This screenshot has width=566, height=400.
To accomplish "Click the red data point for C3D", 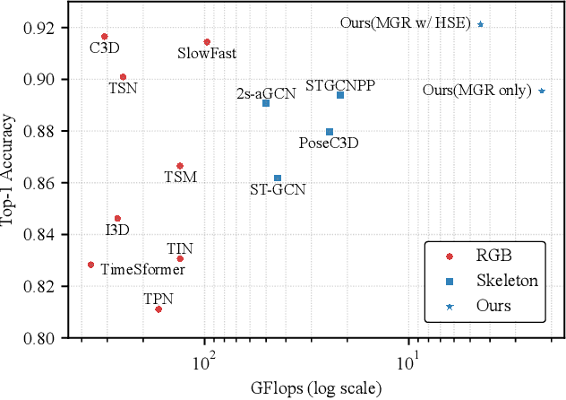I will pyautogui.click(x=104, y=37).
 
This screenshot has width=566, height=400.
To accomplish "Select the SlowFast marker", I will pyautogui.click(x=207, y=42).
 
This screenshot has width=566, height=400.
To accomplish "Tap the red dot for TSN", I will pyautogui.click(x=123, y=77).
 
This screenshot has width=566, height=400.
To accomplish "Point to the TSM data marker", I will pyautogui.click(x=180, y=166).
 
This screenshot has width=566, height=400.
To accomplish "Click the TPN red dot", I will pyautogui.click(x=159, y=309).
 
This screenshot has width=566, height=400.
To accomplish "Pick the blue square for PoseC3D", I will pyautogui.click(x=330, y=132).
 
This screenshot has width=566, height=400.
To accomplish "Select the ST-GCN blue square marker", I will pyautogui.click(x=278, y=178).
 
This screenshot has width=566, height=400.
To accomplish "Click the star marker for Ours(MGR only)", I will pyautogui.click(x=542, y=91).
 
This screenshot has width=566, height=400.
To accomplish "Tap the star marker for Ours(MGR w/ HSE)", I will pyautogui.click(x=481, y=24).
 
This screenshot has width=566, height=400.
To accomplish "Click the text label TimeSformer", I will pyautogui.click(x=138, y=268).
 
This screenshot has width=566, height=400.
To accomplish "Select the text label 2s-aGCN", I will pyautogui.click(x=265, y=92).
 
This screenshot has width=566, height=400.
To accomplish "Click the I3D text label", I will pyautogui.click(x=117, y=230).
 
